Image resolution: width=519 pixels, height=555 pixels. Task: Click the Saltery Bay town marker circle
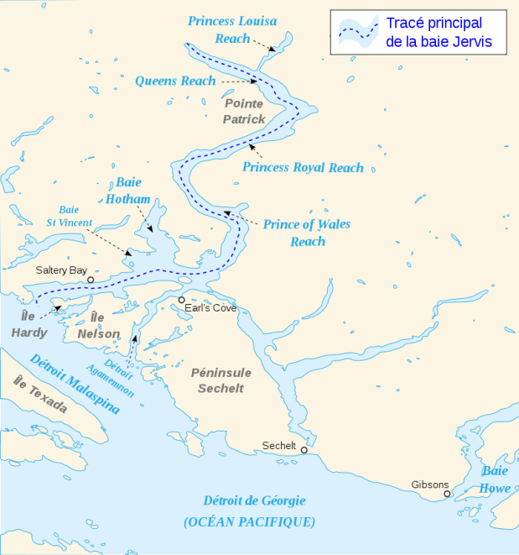coord(91,280)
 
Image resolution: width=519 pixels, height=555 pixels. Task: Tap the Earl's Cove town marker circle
coord(181,300)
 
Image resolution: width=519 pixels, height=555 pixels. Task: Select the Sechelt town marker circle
coord(304,450)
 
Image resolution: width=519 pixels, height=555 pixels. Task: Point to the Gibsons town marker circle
coord(448,494)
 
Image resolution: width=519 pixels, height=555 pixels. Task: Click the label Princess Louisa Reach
coord(232,29)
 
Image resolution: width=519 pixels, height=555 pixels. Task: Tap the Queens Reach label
coord(175,81)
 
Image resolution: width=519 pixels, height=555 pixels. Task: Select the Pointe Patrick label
coord(244,111)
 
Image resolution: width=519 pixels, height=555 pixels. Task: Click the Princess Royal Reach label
coord(303,168)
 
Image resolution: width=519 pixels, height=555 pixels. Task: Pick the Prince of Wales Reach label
coord(307,233)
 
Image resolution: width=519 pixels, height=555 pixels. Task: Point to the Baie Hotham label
coord(127,190)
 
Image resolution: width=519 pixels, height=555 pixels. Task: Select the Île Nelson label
coord(98,326)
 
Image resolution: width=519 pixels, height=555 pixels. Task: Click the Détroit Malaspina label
coord(74,385)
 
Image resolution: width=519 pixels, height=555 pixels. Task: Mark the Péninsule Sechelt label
coord(221,380)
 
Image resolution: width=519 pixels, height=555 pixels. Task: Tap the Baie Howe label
coord(495,479)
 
